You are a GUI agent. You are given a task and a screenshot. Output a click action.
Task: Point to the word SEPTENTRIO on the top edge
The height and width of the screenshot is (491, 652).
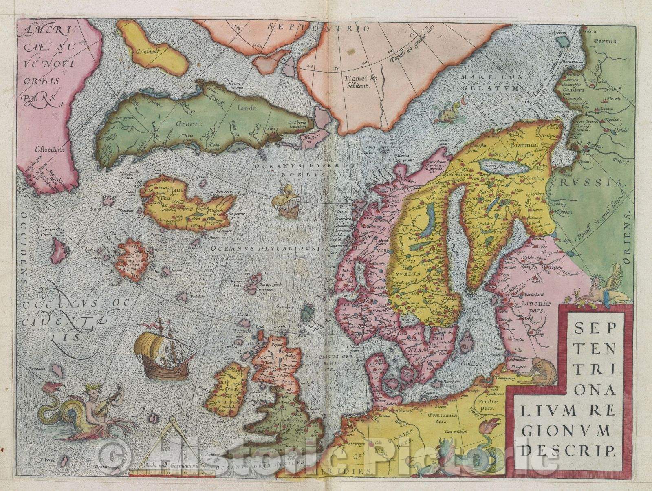click(x=319, y=29)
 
